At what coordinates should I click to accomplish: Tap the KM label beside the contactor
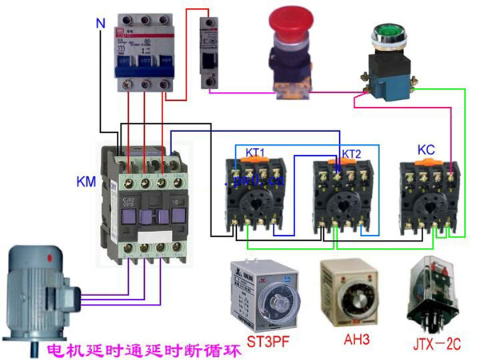86,179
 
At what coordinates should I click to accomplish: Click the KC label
426,150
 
